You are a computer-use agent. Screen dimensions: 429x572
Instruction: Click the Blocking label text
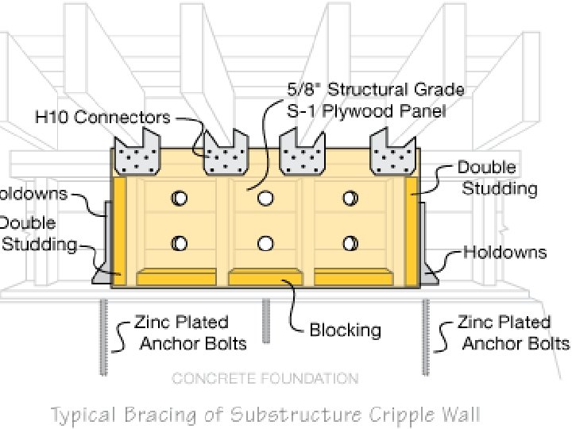pyautogui.click(x=345, y=330)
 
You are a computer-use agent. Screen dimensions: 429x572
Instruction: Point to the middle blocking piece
pyautogui.click(x=265, y=277)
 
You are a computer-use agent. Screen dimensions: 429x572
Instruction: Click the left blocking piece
pyautogui.click(x=176, y=277)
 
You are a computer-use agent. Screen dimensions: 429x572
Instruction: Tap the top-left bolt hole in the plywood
pyautogui.click(x=180, y=198)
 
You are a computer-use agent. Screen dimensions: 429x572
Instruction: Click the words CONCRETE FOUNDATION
pyautogui.click(x=265, y=378)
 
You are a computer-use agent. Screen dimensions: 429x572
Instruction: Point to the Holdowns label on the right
pyautogui.click(x=506, y=253)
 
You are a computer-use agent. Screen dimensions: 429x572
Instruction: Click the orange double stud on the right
pyautogui.click(x=412, y=230)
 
